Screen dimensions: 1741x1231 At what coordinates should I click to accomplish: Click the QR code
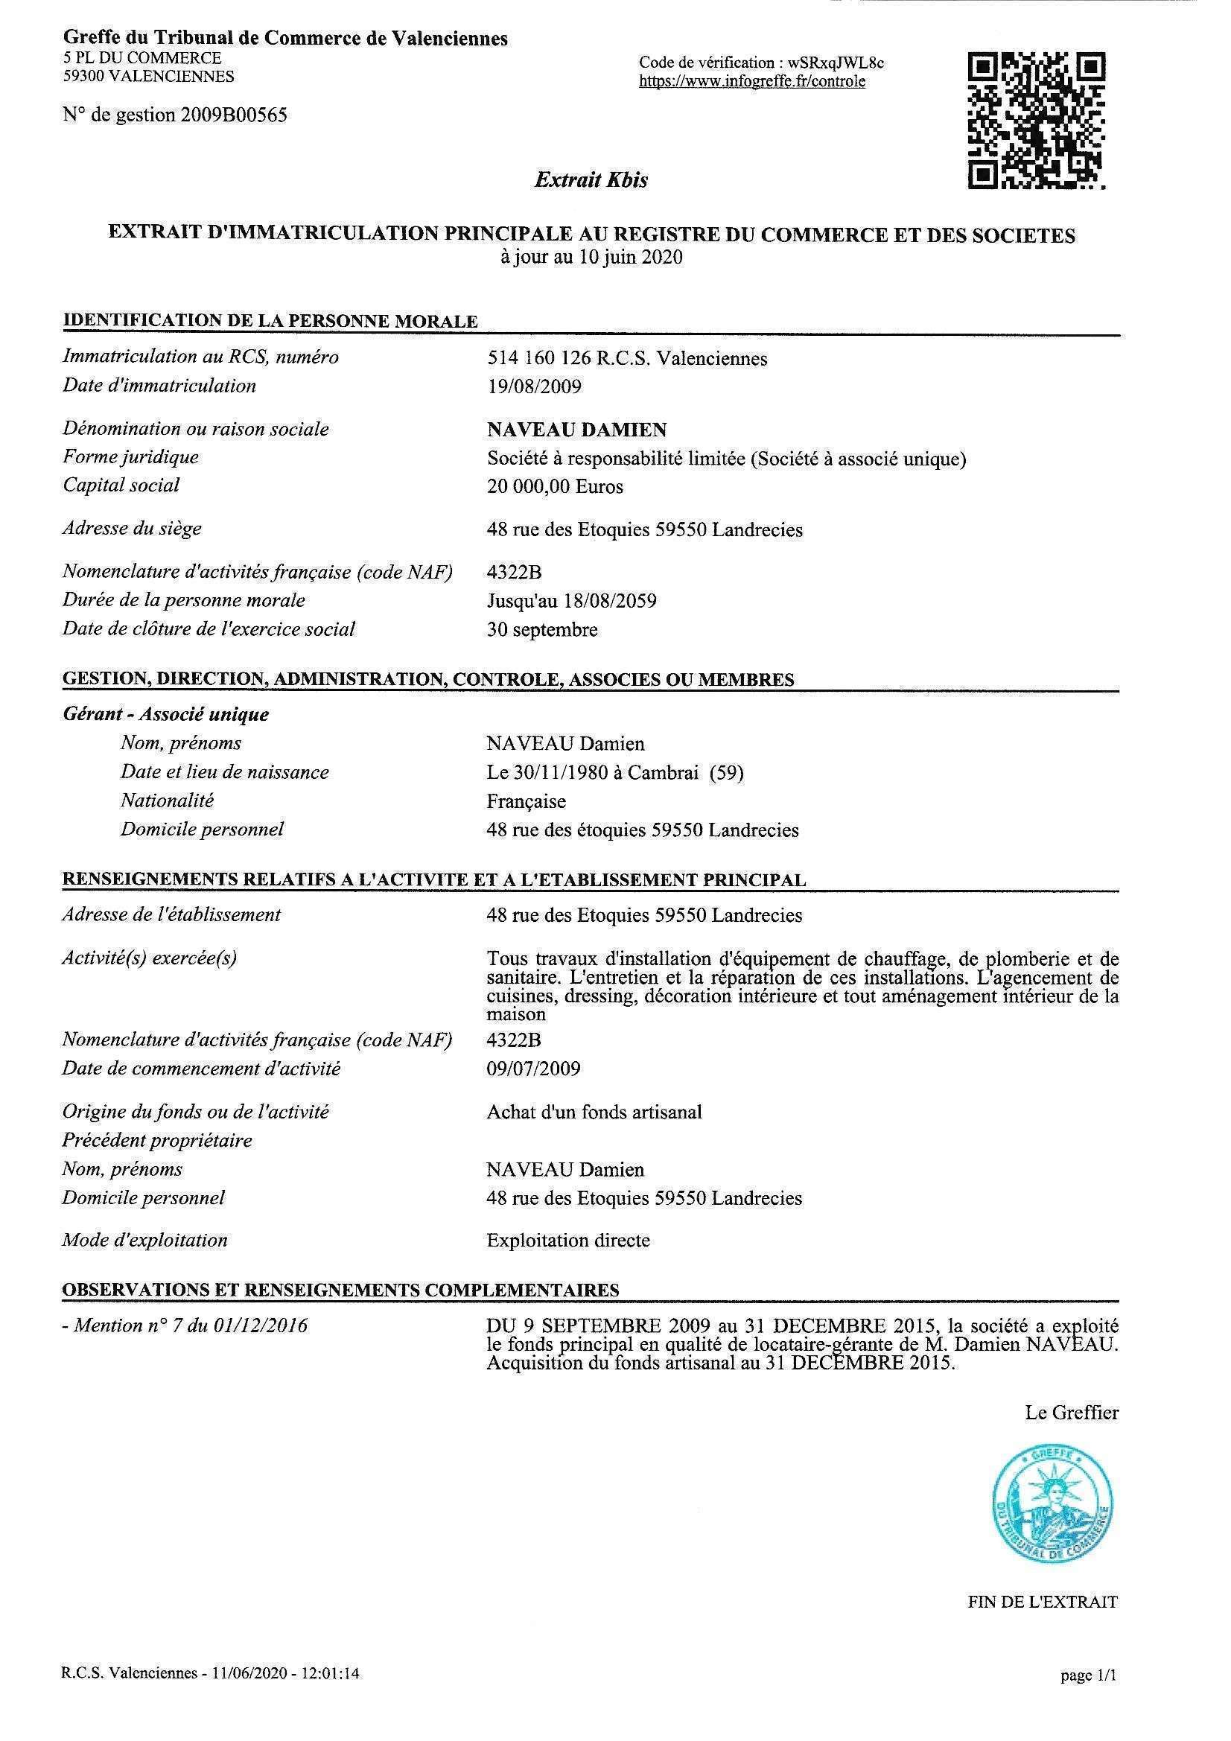click(x=1036, y=120)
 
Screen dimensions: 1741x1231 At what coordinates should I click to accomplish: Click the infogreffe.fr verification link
click(x=751, y=82)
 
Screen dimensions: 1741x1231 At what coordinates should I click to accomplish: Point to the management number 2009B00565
click(x=234, y=115)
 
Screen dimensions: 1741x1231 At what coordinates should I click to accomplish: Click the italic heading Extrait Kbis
click(x=591, y=179)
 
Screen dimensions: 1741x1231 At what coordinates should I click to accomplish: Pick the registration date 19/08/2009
click(x=534, y=386)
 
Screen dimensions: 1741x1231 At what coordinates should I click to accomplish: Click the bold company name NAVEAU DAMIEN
click(x=576, y=430)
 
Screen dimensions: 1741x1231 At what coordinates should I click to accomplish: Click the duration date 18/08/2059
click(x=610, y=602)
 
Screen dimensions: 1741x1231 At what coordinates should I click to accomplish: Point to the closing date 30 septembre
click(x=541, y=630)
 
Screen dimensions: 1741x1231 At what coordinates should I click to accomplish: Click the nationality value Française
click(x=526, y=801)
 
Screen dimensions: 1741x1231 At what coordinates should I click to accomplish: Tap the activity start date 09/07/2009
click(x=533, y=1069)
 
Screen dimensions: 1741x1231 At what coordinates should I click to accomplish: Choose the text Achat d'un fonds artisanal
click(x=594, y=1113)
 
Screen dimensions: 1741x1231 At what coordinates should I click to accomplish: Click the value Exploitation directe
click(x=568, y=1241)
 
